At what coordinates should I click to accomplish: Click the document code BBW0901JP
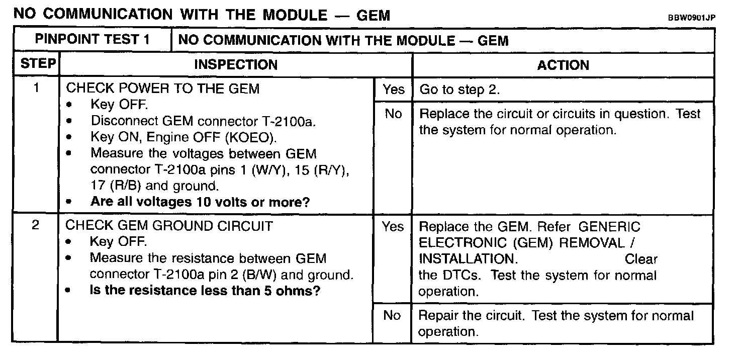tap(691, 18)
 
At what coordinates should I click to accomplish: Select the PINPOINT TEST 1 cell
tap(92, 40)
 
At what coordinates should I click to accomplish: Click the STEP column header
tap(38, 65)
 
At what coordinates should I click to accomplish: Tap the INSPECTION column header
tap(235, 65)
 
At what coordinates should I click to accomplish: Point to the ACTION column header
tap(563, 65)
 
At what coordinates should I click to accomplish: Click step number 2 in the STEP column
tap(36, 226)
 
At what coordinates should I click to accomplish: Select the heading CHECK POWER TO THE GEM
tap(163, 89)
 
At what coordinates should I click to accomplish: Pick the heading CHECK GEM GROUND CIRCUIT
tap(169, 226)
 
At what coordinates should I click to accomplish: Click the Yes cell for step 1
tap(393, 89)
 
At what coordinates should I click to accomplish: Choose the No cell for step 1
tap(393, 114)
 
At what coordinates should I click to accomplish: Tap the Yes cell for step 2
tap(393, 227)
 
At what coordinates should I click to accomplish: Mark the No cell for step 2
tap(392, 315)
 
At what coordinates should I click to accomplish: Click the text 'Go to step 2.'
tap(459, 90)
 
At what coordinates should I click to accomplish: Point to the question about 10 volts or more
tap(200, 202)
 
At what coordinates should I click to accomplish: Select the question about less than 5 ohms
tap(205, 291)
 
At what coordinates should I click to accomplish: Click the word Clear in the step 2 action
tap(641, 259)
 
